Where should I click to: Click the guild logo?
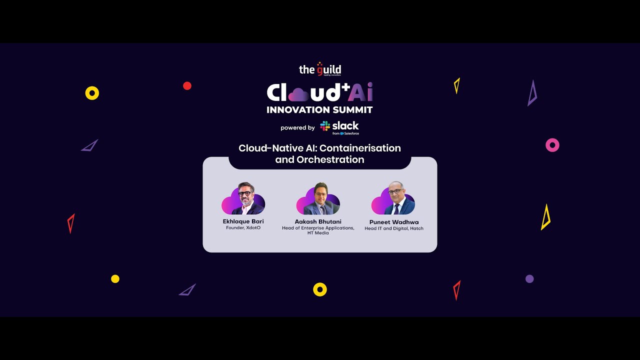[x=320, y=69]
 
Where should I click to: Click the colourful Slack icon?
[x=325, y=126]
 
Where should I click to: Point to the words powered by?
[x=297, y=128]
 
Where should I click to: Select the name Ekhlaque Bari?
[x=243, y=221]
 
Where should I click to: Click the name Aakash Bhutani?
[x=318, y=221]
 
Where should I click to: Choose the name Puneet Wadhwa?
[x=394, y=222]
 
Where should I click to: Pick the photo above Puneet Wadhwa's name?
[x=394, y=198]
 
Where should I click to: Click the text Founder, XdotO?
[x=243, y=228]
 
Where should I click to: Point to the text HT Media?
[x=318, y=233]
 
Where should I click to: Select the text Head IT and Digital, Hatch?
[x=394, y=228]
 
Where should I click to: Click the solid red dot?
[x=187, y=86]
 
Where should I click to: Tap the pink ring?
[x=552, y=145]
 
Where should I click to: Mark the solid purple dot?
[x=529, y=279]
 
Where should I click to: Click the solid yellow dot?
[x=115, y=279]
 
